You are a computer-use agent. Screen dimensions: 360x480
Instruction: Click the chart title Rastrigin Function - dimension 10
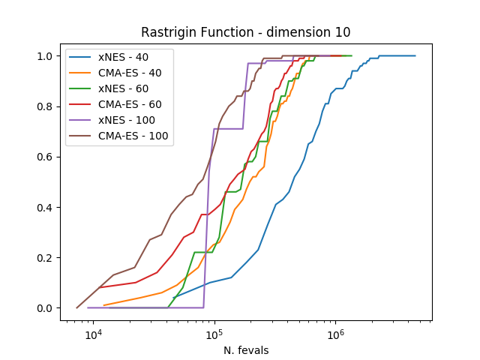click(246, 32)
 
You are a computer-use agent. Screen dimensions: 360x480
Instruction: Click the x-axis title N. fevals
click(246, 349)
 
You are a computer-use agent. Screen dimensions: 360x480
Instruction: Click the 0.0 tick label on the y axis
click(46, 308)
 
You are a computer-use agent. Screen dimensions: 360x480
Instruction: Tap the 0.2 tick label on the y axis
click(46, 258)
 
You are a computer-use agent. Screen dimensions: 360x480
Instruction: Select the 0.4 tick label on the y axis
click(46, 208)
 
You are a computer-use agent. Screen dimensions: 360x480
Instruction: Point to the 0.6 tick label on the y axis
click(46, 157)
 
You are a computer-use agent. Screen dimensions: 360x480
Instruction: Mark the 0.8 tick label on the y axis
click(46, 106)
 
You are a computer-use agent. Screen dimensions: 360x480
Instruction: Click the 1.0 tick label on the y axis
click(46, 56)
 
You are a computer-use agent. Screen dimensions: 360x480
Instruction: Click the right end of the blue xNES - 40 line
click(415, 55)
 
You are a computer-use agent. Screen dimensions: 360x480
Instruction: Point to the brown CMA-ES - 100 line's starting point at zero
click(76, 307)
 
